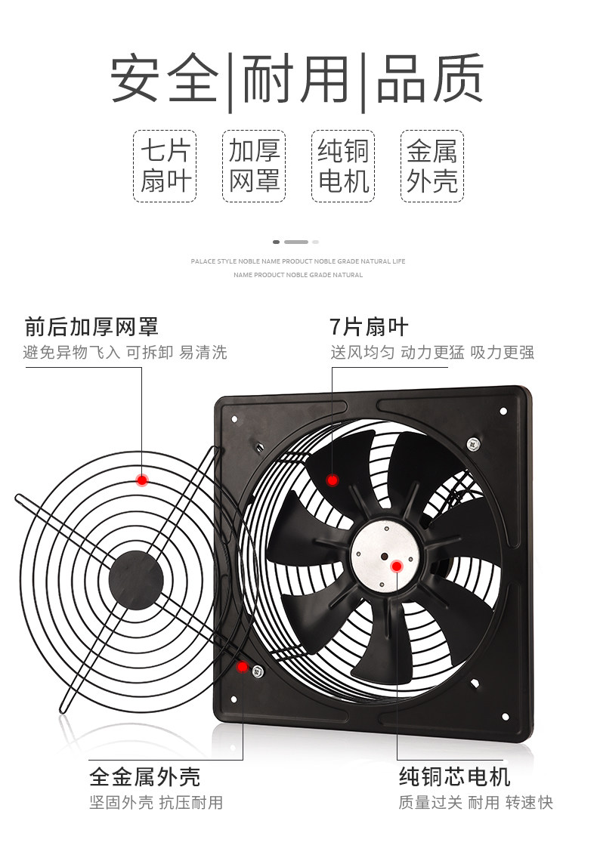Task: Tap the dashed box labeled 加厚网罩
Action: pos(254,166)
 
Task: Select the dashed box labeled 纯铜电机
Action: pos(343,166)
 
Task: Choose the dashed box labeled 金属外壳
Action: pos(432,166)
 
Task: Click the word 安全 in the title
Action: pos(165,79)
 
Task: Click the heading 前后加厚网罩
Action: pos(91,327)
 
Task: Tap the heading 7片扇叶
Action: pos(369,327)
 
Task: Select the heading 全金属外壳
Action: pos(144,776)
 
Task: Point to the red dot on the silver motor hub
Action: pos(396,566)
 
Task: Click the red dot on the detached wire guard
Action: pos(141,480)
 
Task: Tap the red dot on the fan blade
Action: pos(332,480)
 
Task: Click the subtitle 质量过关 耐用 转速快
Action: pos(476,802)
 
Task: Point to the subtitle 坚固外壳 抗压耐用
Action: pos(156,802)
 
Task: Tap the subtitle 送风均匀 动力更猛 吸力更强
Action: pos(432,353)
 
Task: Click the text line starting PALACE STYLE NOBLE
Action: pos(298,261)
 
